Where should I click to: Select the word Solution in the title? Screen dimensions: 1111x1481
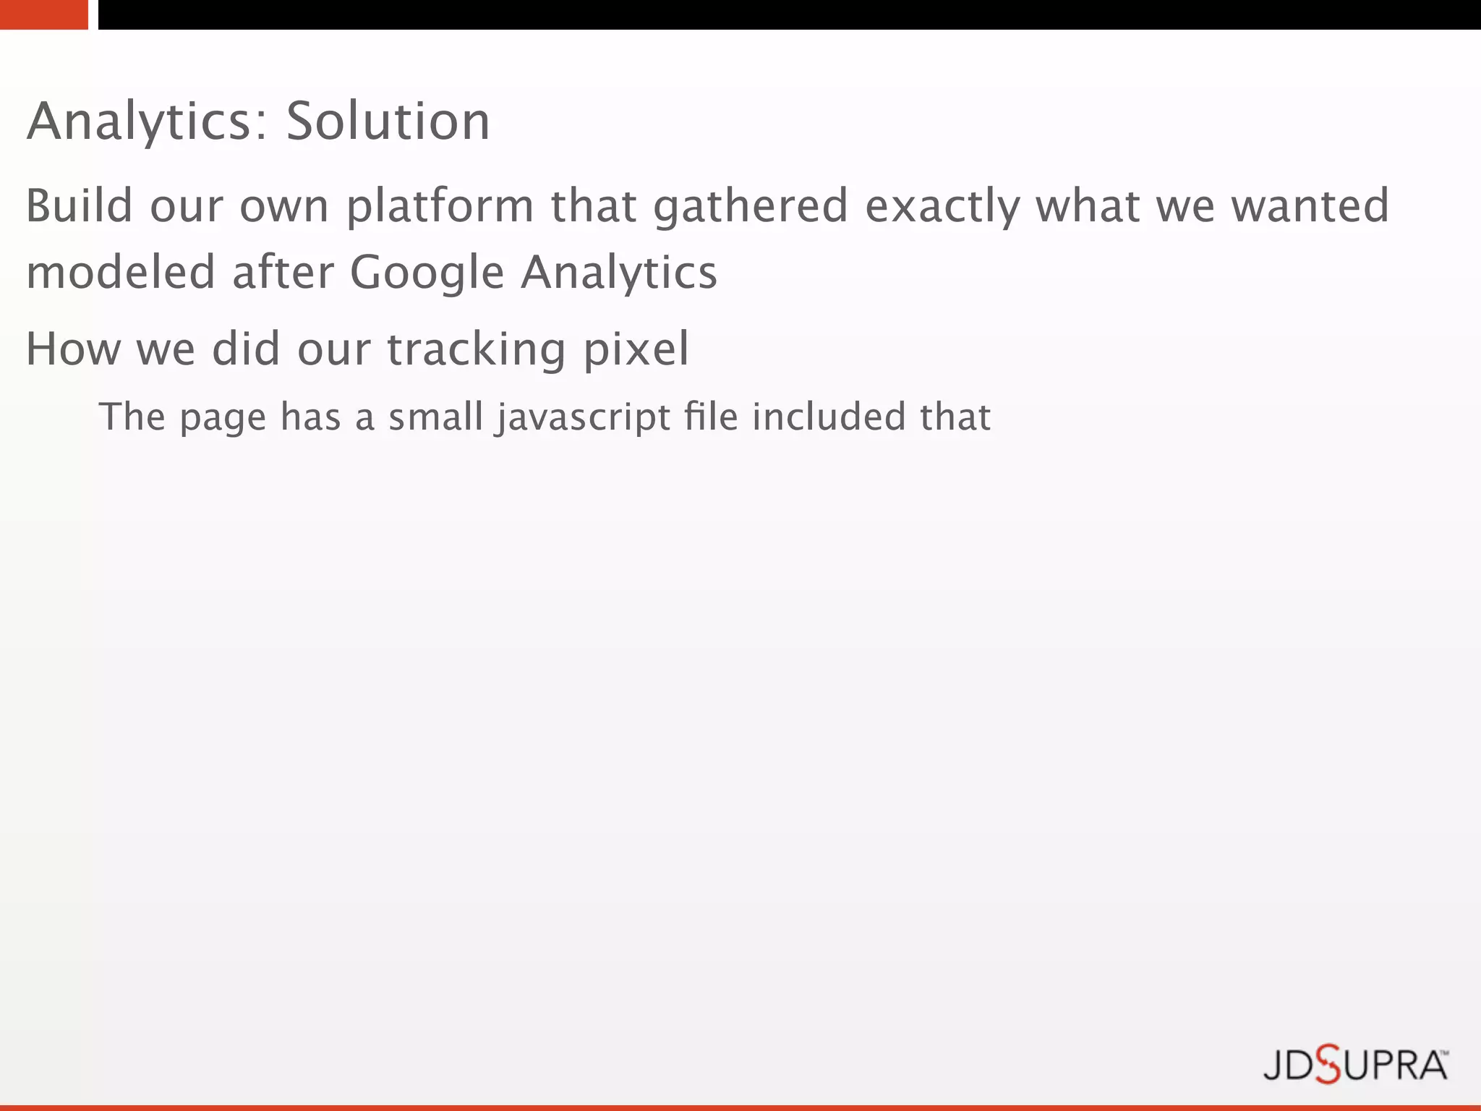click(x=388, y=122)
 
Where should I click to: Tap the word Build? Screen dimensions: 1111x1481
click(x=79, y=205)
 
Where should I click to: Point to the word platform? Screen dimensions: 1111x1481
click(x=440, y=207)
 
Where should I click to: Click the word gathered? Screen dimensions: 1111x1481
click(x=751, y=207)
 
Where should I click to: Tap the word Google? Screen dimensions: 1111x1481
click(x=427, y=273)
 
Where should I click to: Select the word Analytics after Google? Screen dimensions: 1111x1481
click(x=619, y=273)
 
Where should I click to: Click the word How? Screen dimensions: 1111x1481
click(x=73, y=349)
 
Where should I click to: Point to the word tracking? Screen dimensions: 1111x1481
click(x=476, y=350)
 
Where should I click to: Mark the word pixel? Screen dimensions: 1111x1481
click(x=636, y=350)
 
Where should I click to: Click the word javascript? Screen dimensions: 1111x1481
click(x=582, y=418)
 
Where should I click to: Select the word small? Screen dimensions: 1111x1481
click(x=435, y=417)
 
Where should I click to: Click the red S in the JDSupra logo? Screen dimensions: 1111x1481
click(x=1328, y=1065)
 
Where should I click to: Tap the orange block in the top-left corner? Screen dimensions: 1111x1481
click(x=43, y=14)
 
